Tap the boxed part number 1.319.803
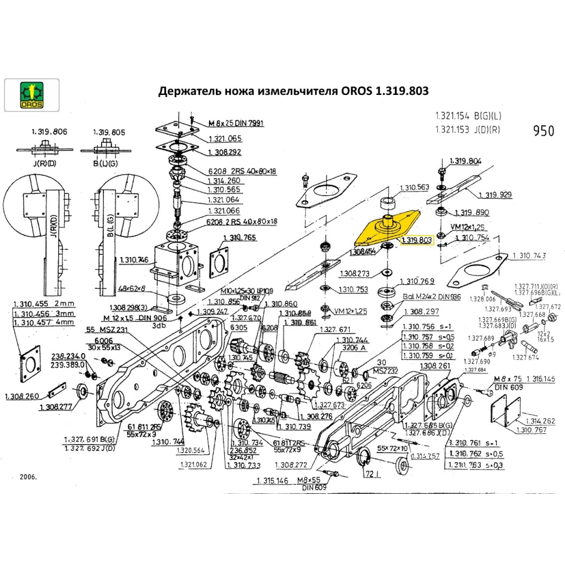[416, 240]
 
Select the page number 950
[544, 131]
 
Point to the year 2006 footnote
[27, 477]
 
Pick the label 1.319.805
[109, 132]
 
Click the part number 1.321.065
[225, 138]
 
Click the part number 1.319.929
[495, 195]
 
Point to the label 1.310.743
[529, 256]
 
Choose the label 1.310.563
[415, 188]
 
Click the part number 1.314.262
[541, 421]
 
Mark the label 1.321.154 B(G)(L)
[468, 116]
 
